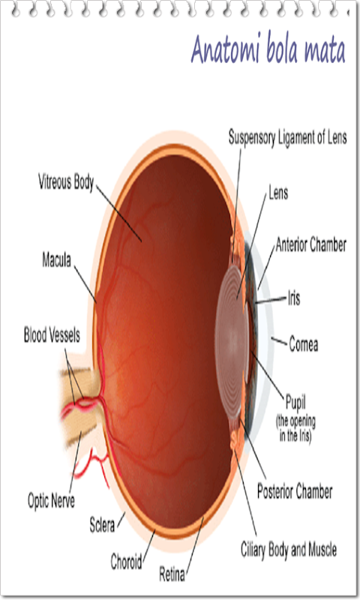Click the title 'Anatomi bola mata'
click(x=268, y=49)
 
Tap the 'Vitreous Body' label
click(x=66, y=181)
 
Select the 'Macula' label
click(x=56, y=259)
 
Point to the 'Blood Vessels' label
click(x=52, y=334)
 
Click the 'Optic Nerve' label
click(x=51, y=500)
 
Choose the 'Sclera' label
click(x=102, y=524)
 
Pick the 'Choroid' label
click(x=126, y=561)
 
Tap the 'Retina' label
click(x=172, y=574)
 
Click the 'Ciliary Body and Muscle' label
click(x=289, y=550)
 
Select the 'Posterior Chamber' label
click(x=295, y=491)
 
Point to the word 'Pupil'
click(x=295, y=403)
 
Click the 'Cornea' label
click(x=304, y=343)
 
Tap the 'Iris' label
click(x=294, y=298)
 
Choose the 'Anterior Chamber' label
click(x=311, y=244)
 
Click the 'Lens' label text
click(x=278, y=193)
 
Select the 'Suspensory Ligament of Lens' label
click(x=288, y=137)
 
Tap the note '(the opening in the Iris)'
click(x=295, y=428)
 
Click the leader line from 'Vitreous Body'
click(x=119, y=214)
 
